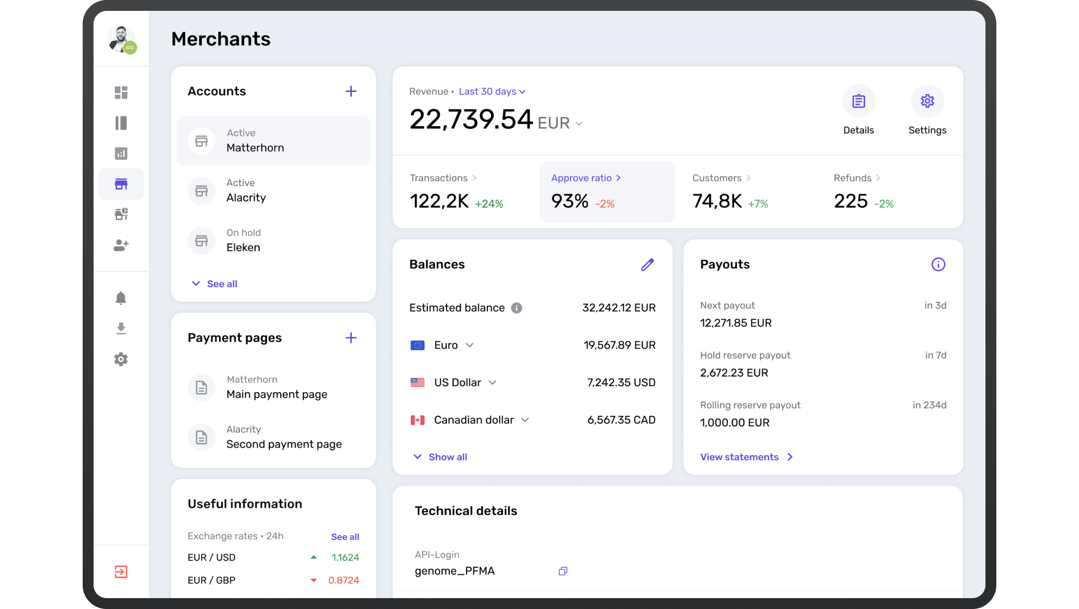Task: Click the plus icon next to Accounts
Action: point(351,91)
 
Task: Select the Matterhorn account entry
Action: point(273,141)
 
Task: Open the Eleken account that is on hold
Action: point(243,241)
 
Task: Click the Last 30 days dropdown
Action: point(492,91)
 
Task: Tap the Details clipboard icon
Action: point(858,101)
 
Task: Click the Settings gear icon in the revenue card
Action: point(927,101)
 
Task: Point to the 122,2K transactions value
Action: point(439,202)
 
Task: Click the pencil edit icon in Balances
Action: point(647,265)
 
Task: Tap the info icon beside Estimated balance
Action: point(517,308)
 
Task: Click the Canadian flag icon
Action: point(417,420)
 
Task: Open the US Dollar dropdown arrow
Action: point(492,383)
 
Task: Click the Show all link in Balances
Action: point(447,457)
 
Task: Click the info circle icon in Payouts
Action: point(938,265)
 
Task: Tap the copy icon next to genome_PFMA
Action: point(563,571)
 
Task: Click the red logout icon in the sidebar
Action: point(121,572)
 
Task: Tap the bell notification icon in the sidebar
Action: point(121,298)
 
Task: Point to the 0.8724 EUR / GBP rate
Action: point(343,580)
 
